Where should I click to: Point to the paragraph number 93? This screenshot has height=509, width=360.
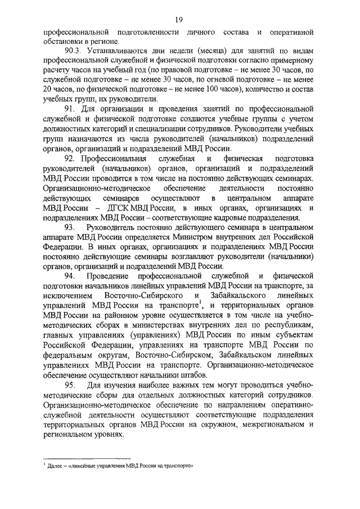(x=71, y=227)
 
